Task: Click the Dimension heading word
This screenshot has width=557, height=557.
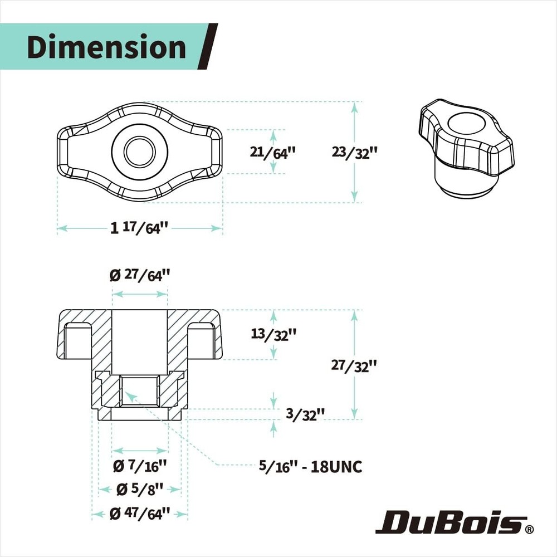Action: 106,47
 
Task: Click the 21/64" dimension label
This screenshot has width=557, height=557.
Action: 272,152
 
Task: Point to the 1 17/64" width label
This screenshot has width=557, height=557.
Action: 139,227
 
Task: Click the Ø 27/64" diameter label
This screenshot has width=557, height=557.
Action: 140,275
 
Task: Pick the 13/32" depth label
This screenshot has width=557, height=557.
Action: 273,334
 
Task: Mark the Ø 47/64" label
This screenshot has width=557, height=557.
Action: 140,513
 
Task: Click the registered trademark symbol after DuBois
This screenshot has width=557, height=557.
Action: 529,528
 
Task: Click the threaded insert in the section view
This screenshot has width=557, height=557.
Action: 140,392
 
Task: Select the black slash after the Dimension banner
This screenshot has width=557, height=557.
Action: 208,47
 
